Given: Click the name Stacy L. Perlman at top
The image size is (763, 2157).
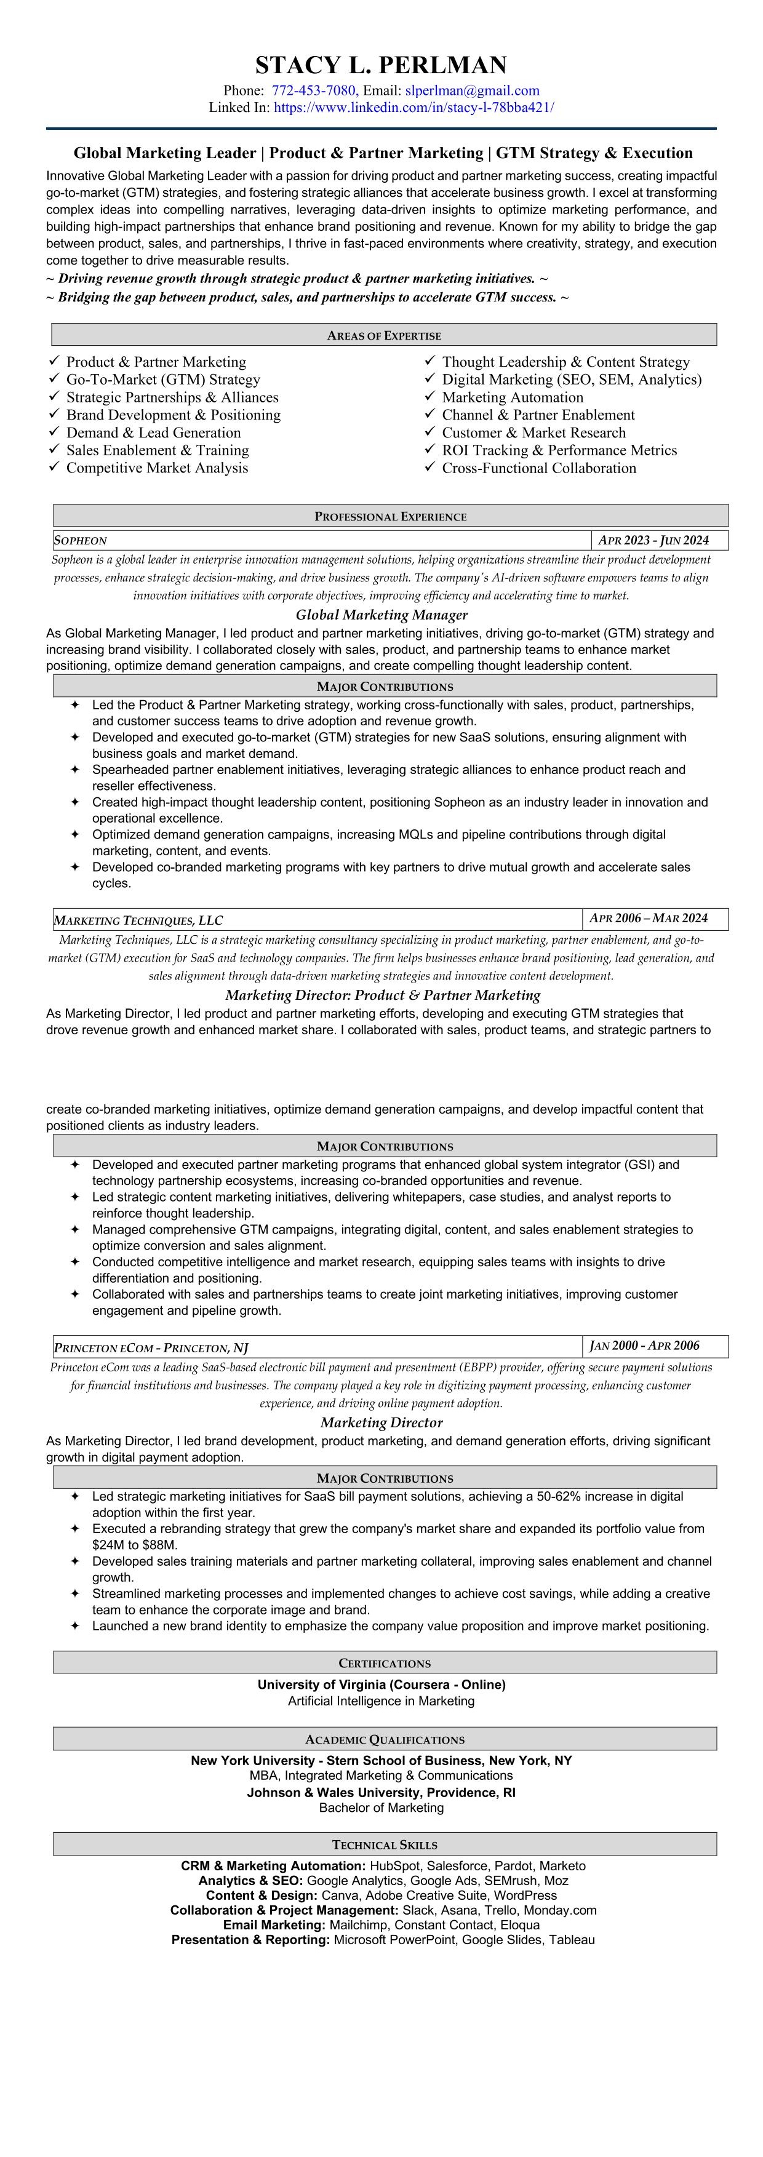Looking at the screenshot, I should point(381,65).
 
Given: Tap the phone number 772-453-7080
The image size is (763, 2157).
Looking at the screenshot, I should point(314,90).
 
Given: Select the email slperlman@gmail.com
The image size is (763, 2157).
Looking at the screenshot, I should point(473,90).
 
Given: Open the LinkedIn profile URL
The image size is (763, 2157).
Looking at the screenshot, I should point(413,107).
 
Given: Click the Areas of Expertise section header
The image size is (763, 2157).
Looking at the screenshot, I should point(383,335).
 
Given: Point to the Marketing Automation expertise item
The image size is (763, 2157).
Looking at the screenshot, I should point(513,397).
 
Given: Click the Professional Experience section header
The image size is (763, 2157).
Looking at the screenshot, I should point(390,516).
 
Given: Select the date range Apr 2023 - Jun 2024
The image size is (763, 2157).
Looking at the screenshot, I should point(653,540).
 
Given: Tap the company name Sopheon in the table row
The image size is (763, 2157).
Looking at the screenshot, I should point(81,540).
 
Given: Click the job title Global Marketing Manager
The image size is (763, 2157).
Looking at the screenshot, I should point(381,615).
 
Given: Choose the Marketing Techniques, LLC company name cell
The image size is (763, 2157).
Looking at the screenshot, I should point(138,919).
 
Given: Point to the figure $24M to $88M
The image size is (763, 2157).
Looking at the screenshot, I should point(135,1544).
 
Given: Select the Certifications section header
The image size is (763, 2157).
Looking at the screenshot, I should point(385,1662).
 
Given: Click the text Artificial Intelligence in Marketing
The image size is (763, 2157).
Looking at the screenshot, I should point(381,1700).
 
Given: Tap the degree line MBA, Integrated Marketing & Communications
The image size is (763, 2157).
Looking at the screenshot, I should point(381,1775).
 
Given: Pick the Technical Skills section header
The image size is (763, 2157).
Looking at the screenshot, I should point(385,1844).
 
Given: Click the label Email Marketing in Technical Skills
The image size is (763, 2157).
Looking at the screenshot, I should point(274,1925).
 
